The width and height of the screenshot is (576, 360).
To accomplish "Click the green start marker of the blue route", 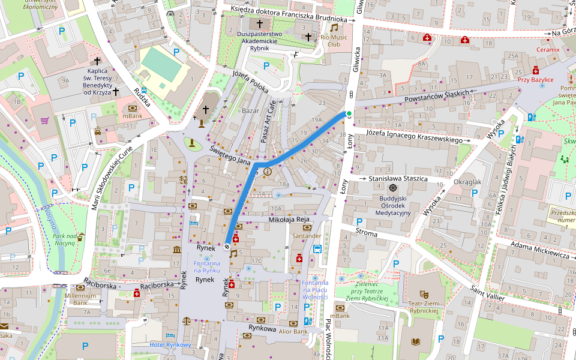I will [x=349, y=113].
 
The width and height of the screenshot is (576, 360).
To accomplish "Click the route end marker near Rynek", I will [x=227, y=246].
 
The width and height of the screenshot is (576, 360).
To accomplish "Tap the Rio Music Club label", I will [x=334, y=41].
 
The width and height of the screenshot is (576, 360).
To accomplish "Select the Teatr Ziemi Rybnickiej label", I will [x=424, y=308].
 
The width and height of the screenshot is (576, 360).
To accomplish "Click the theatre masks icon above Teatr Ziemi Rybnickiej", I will [x=423, y=294].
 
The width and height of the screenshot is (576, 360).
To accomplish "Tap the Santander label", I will [x=307, y=236].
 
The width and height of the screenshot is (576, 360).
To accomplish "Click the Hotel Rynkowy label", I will [x=170, y=344].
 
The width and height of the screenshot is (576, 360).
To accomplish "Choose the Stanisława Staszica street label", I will [x=398, y=179].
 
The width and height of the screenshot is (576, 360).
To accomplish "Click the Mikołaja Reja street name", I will [x=289, y=220].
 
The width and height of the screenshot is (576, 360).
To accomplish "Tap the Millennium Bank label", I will [x=80, y=299].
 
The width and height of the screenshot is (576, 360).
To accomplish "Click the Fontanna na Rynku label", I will [x=206, y=268].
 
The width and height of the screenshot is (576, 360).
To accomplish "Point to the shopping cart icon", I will [x=44, y=119].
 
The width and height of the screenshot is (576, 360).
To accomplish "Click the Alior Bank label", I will [x=293, y=332].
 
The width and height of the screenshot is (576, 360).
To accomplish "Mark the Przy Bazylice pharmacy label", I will [x=535, y=79].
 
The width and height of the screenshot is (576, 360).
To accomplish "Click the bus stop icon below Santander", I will [x=317, y=249].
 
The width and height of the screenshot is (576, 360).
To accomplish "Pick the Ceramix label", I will [x=548, y=49].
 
